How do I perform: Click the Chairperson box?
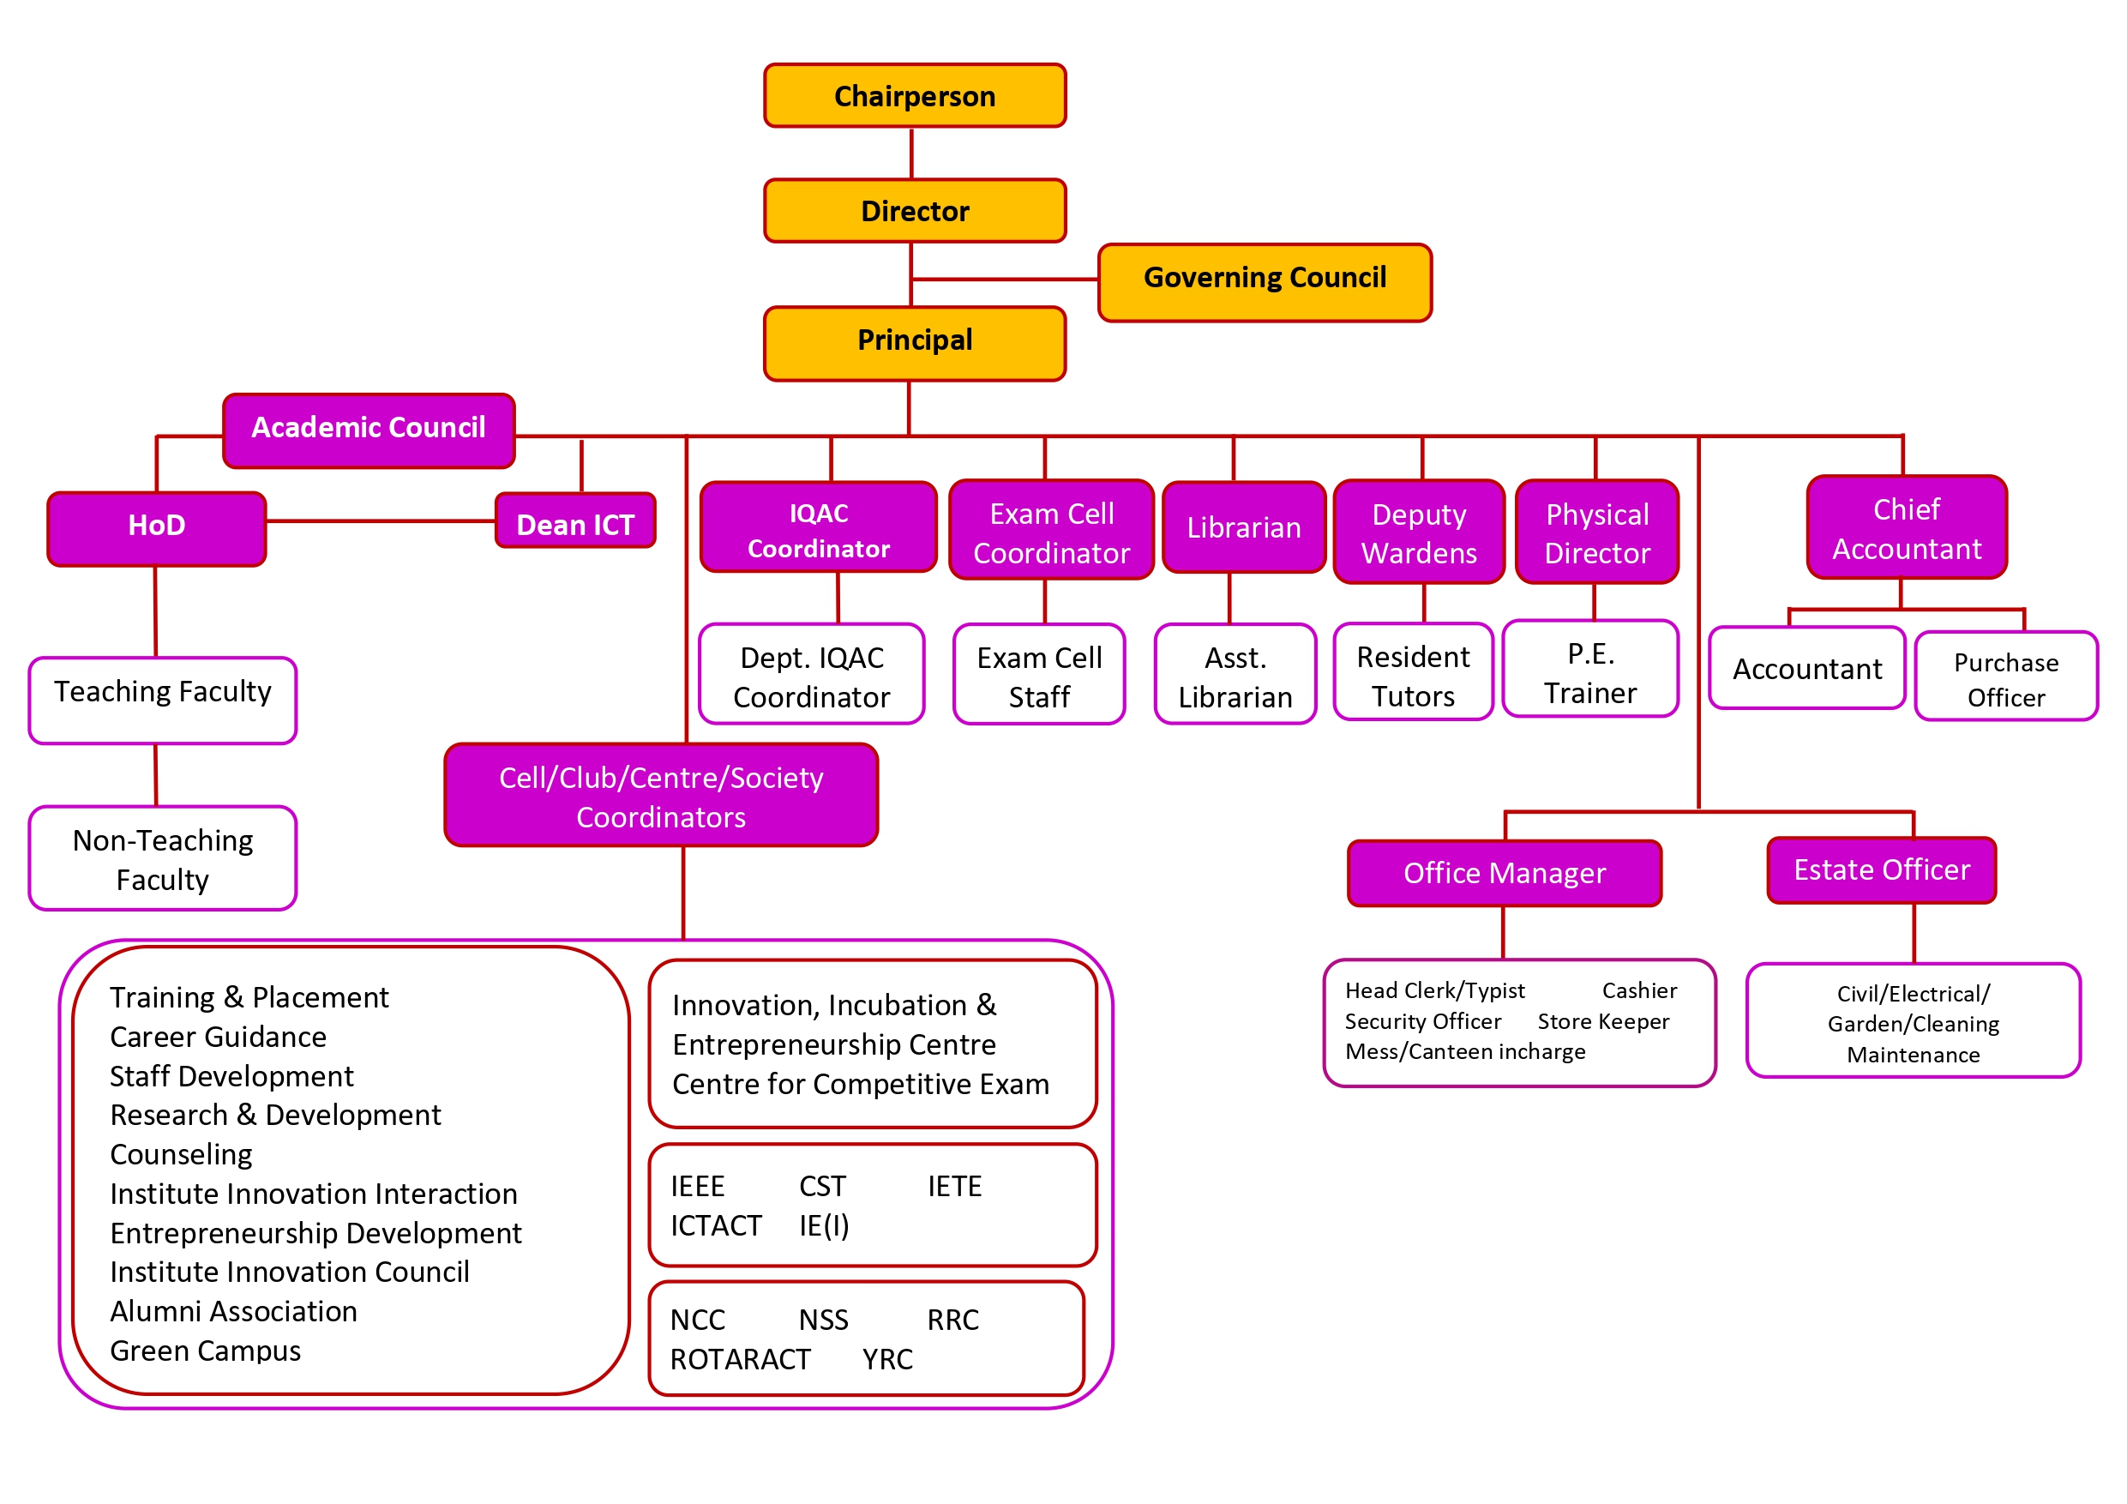point(915,95)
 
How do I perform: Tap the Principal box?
point(915,343)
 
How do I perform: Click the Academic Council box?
point(369,430)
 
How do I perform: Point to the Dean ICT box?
point(575,521)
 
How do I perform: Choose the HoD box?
point(157,528)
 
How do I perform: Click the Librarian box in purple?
point(1243,527)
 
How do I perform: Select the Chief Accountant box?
point(1907,528)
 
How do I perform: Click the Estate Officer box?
point(1882,870)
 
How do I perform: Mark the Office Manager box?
point(1505,873)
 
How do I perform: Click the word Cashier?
point(1640,990)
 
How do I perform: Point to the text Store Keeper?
point(1602,1021)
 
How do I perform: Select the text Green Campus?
point(206,1351)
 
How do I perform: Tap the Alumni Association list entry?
point(233,1311)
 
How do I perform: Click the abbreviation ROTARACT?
point(740,1358)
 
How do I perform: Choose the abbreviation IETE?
point(954,1186)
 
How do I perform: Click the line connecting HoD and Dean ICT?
point(380,521)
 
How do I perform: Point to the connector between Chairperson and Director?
point(911,153)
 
